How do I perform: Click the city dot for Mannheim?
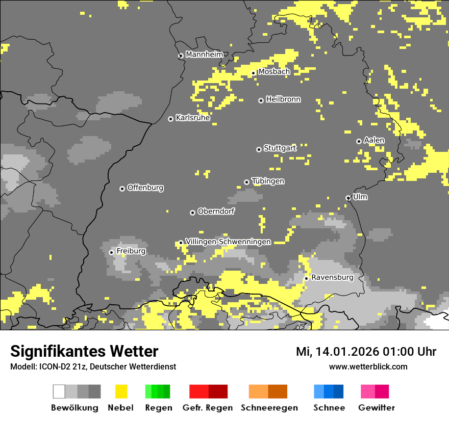[181, 56]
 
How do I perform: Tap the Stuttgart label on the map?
[280, 148]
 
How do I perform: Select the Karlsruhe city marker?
[171, 119]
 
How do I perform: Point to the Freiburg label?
[131, 251]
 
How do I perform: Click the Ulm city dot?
[348, 198]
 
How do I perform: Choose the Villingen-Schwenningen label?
[228, 242]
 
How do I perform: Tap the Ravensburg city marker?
[306, 278]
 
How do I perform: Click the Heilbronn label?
[283, 99]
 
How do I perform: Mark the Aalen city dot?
[359, 141]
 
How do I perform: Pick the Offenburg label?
[145, 188]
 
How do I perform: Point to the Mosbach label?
[274, 72]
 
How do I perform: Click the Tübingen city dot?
[247, 182]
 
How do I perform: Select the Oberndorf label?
[216, 211]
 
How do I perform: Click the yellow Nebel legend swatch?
[121, 391]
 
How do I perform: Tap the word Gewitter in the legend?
[377, 408]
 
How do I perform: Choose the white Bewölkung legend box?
[59, 391]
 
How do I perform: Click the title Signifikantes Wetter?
[84, 351]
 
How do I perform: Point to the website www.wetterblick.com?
[368, 366]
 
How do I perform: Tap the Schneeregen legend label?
[269, 408]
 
